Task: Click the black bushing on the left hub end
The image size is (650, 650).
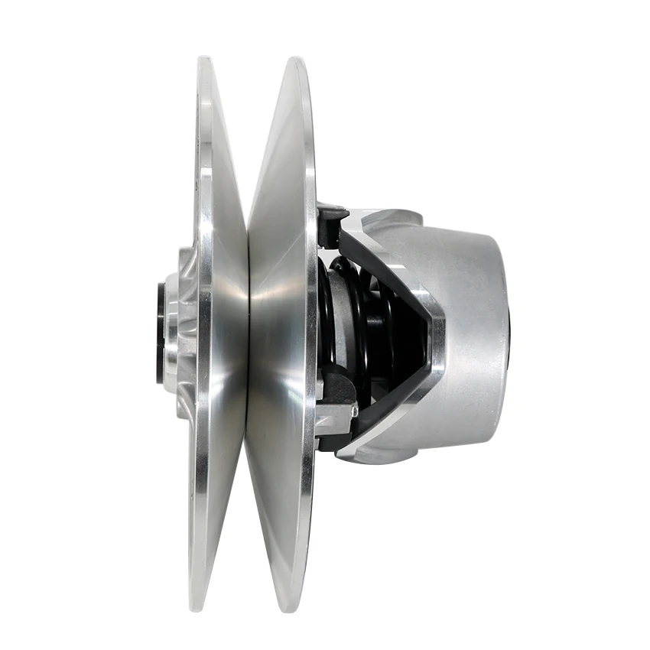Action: pyautogui.click(x=160, y=333)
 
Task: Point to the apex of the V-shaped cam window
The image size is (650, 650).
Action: pyautogui.click(x=437, y=329)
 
